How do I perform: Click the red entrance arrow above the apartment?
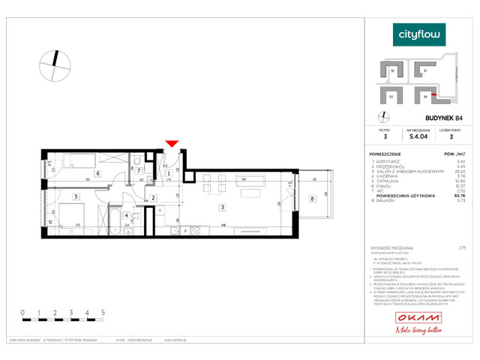[x=172, y=143]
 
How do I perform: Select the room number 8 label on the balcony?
[x=311, y=199]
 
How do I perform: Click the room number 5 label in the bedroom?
[x=76, y=196]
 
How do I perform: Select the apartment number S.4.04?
[x=418, y=137]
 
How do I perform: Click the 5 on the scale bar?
[x=102, y=310]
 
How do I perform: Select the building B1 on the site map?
[x=425, y=71]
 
